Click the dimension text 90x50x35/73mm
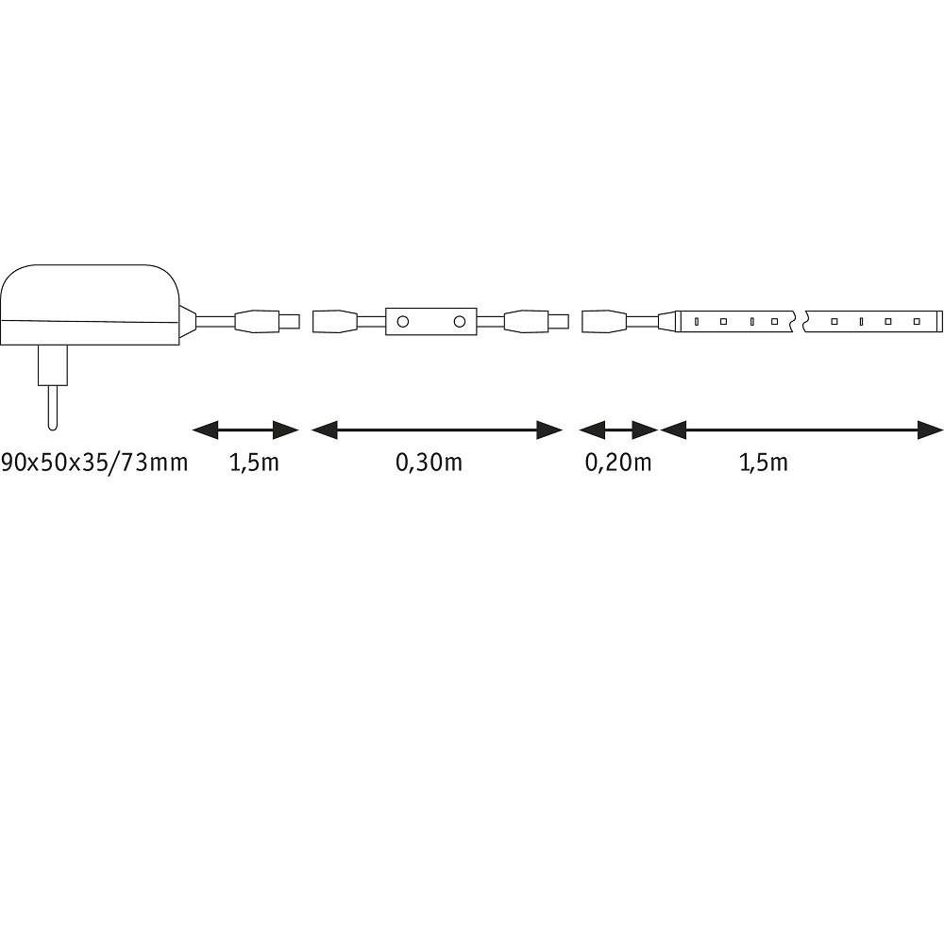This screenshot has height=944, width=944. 94,463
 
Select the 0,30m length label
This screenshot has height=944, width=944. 429,463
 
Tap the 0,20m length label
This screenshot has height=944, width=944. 618,463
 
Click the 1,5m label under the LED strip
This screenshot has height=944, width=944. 764,463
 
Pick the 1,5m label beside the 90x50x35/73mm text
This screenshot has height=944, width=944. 254,463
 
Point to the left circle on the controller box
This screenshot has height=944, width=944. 403,322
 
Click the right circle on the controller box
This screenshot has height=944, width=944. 460,322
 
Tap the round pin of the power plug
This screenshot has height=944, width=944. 53,408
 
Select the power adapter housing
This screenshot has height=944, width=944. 91,305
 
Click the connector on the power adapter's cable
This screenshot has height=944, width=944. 267,322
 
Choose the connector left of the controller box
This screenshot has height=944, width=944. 335,322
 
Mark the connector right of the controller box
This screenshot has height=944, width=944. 536,322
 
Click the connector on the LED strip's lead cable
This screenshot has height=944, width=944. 605,322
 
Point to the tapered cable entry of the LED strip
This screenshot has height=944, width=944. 667,322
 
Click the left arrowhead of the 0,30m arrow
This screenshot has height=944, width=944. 324,430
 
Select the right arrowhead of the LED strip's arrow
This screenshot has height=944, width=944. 930,430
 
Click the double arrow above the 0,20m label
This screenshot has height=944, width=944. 618,430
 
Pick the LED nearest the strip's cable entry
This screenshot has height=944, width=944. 696,322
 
